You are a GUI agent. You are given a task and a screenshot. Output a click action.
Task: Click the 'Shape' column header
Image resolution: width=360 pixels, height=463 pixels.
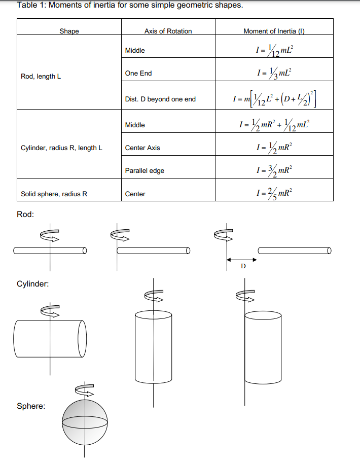click(69, 31)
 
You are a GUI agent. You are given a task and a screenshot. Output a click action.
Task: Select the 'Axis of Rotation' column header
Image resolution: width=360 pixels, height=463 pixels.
click(168, 31)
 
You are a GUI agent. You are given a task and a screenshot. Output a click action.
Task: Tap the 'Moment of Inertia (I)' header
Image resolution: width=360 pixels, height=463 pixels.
click(273, 31)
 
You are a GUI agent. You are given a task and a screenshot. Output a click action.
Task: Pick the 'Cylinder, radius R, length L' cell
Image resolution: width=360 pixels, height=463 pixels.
click(61, 148)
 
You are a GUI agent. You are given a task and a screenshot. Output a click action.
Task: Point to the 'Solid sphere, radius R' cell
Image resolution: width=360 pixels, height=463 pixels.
click(54, 194)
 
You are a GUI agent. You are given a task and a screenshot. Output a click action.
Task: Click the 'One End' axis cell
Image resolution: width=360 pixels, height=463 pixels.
click(138, 74)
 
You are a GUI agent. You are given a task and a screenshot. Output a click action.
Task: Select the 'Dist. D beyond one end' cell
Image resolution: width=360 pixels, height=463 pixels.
click(160, 99)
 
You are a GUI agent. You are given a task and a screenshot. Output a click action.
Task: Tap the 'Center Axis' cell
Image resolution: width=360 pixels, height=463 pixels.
click(142, 148)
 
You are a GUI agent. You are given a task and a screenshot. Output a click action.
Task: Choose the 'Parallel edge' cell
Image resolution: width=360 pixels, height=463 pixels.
click(145, 171)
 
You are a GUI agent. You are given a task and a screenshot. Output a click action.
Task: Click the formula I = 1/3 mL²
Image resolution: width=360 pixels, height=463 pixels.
click(274, 73)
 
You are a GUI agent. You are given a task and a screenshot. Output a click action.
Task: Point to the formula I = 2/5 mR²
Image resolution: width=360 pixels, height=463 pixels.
click(274, 193)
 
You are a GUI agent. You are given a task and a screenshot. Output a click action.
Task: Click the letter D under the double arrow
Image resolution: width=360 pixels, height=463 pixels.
click(242, 266)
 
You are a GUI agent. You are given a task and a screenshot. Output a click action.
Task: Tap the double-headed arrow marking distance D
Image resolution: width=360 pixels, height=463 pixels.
click(242, 260)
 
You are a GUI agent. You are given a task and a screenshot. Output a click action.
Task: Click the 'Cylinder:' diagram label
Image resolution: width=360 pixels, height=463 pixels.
click(33, 284)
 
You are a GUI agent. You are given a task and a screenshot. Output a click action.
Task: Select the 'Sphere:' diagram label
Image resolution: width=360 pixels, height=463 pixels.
click(31, 406)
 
